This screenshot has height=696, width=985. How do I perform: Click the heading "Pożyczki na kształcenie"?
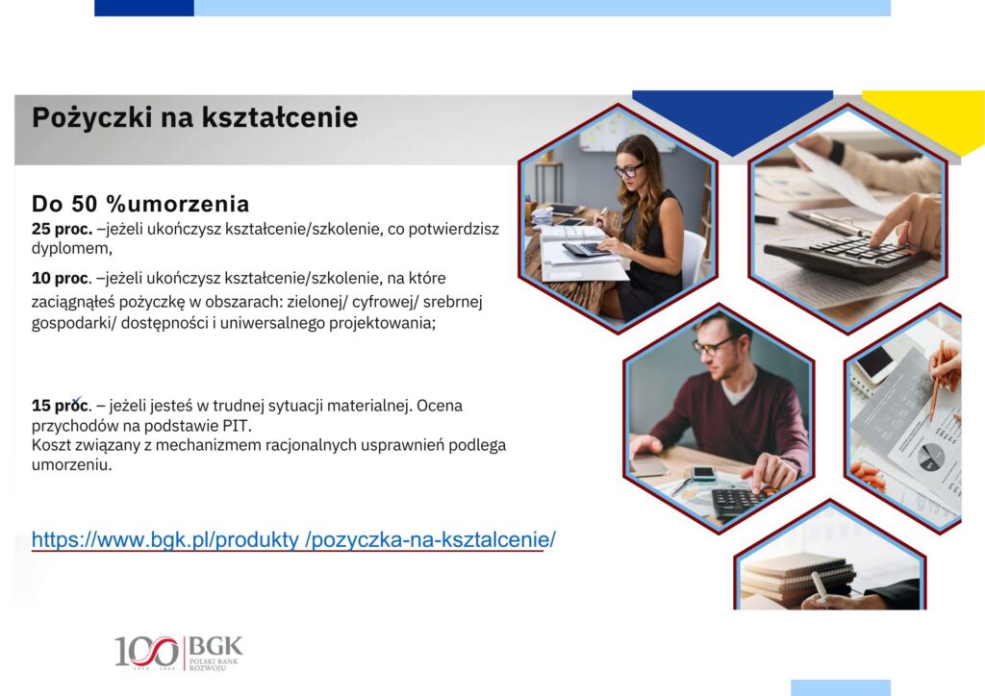pyautogui.click(x=194, y=118)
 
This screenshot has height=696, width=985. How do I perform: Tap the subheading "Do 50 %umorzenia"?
pyautogui.click(x=140, y=204)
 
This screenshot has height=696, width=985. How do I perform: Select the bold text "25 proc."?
pyautogui.click(x=63, y=229)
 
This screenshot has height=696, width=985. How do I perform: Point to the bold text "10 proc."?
pyautogui.click(x=62, y=278)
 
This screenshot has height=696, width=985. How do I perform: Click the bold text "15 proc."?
pyautogui.click(x=62, y=406)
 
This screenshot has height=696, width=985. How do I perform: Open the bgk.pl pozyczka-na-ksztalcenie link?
pyautogui.click(x=293, y=539)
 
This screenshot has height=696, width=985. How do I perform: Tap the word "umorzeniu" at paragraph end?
pyautogui.click(x=71, y=465)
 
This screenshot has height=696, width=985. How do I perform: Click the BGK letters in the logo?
pyautogui.click(x=215, y=646)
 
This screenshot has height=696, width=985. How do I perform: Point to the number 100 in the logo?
pyautogui.click(x=146, y=652)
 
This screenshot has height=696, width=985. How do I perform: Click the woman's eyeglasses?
pyautogui.click(x=628, y=169)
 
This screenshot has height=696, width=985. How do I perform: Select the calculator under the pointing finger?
pyautogui.click(x=845, y=253)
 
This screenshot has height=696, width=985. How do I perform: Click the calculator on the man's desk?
pyautogui.click(x=740, y=502)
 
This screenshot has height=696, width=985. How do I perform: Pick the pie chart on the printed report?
pyautogui.click(x=930, y=457)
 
